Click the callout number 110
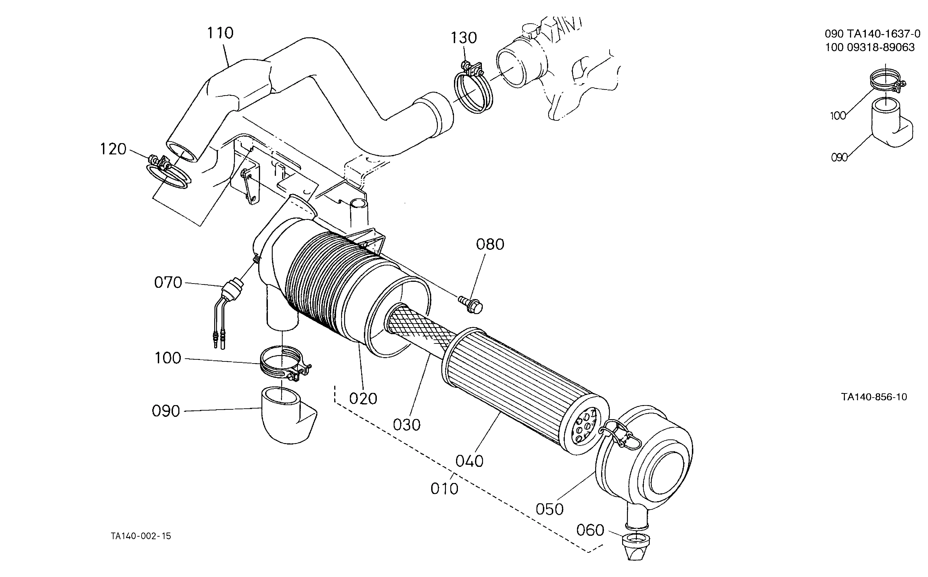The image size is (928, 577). pyautogui.click(x=220, y=33)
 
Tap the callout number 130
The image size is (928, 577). pyautogui.click(x=464, y=38)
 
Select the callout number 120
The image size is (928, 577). pyautogui.click(x=113, y=149)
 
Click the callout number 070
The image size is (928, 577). pyautogui.click(x=168, y=283)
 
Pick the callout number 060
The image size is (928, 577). pyautogui.click(x=590, y=530)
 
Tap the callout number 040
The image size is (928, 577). pyautogui.click(x=470, y=461)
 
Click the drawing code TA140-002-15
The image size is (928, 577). pyautogui.click(x=141, y=536)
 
